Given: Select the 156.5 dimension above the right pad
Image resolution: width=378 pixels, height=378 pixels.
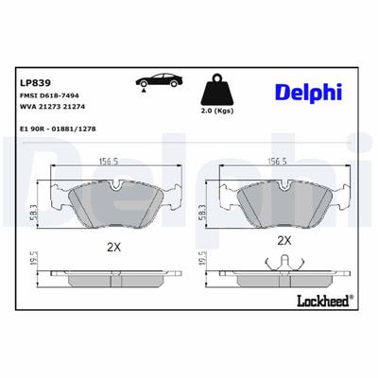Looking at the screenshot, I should point(279,161).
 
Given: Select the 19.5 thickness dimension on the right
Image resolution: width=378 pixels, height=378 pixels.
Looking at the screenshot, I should point(202,262).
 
